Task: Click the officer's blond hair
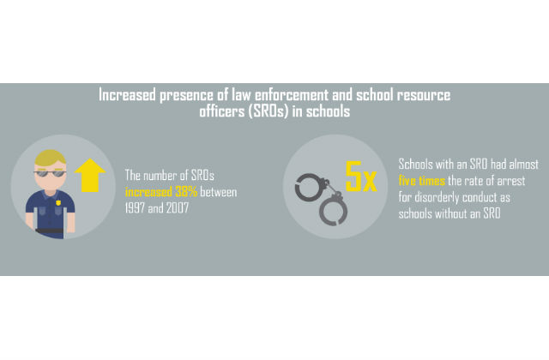50,156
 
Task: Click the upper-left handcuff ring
308,188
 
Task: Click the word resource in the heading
424,94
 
